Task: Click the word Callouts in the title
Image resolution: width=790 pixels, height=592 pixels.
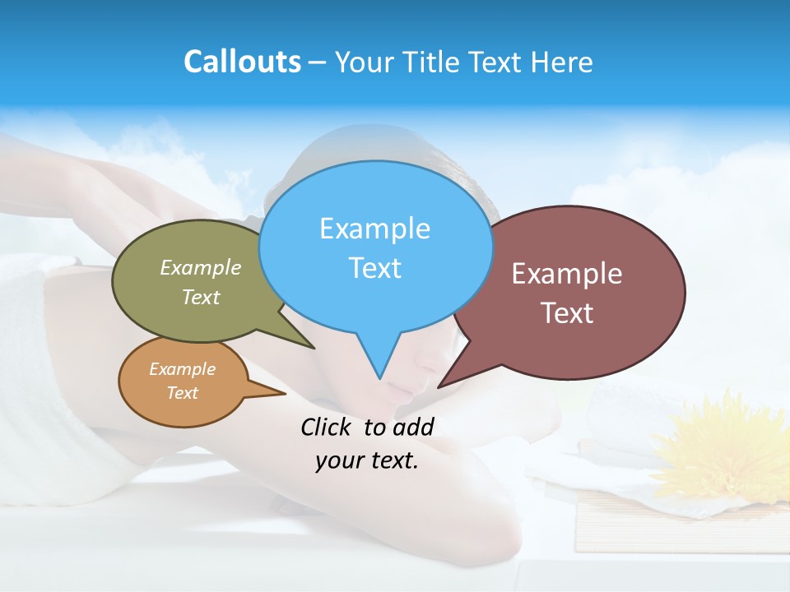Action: coord(242,62)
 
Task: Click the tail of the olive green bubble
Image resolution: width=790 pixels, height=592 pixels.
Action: coord(304,340)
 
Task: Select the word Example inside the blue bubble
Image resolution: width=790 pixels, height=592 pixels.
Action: coord(374,228)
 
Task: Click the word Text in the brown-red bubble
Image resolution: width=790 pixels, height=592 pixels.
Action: coord(567,313)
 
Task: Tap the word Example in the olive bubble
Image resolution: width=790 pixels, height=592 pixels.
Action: coord(200,267)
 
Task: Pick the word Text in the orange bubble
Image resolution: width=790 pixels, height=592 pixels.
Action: coord(182,393)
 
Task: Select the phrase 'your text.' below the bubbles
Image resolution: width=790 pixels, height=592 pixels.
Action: coord(367,460)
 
